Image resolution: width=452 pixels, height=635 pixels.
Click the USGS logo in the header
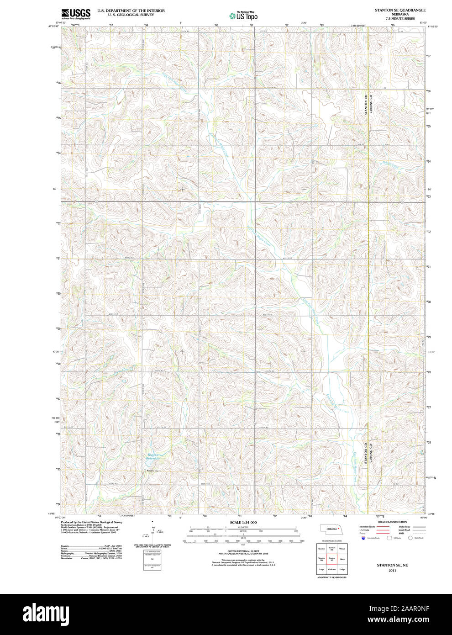click(x=76, y=13)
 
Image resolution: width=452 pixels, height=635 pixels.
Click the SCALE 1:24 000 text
click(x=243, y=522)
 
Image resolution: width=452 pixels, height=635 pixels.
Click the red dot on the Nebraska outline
click(x=339, y=528)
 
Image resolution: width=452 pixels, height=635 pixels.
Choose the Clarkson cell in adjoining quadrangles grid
click(x=332, y=569)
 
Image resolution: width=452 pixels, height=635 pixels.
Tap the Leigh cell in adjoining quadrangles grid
click(x=321, y=569)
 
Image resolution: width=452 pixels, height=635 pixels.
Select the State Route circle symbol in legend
click(x=410, y=538)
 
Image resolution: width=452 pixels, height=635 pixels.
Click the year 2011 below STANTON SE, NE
click(x=392, y=571)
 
